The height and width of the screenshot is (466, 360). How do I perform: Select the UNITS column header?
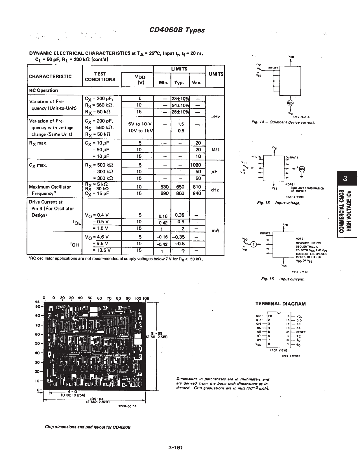tap(216, 74)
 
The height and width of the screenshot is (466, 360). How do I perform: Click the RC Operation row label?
tap(43, 90)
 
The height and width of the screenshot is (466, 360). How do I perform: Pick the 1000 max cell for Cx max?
tap(195, 165)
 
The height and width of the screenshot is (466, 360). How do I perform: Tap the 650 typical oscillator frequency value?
tap(180, 187)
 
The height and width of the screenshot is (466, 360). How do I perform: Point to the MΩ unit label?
tap(215, 150)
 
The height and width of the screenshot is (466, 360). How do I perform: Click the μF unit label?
tap(215, 171)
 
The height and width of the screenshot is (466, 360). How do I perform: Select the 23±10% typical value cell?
tap(180, 99)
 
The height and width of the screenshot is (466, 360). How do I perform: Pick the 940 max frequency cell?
tap(197, 193)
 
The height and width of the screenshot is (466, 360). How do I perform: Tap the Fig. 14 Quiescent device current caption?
tap(283, 122)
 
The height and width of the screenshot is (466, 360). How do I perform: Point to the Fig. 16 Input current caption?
tap(283, 279)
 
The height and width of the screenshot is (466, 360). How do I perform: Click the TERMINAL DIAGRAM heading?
tap(280, 304)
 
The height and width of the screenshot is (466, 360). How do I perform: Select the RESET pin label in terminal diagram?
tap(301, 332)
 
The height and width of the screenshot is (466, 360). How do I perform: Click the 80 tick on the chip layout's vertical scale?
tap(38, 315)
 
